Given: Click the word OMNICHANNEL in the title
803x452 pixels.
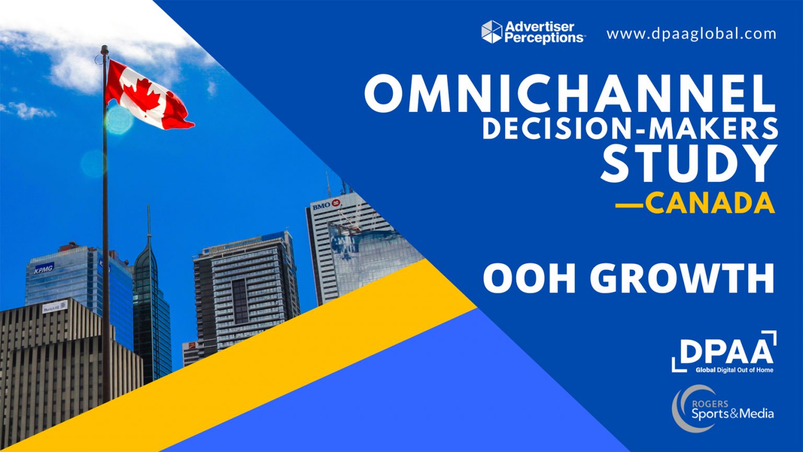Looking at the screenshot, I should click(x=570, y=93).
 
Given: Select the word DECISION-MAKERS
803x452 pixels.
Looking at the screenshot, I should click(x=629, y=129).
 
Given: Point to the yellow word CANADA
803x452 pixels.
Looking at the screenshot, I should click(x=709, y=203).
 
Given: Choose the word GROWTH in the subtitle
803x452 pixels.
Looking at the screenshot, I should click(x=685, y=278).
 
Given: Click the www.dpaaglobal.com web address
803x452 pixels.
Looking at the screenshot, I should click(x=691, y=34).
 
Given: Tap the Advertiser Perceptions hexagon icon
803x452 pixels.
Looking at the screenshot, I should click(x=491, y=31).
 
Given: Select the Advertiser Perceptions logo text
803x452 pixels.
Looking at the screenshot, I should click(x=544, y=32).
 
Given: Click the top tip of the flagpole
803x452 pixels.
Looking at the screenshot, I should click(x=105, y=48).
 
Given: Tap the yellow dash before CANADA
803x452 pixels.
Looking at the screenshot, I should click(x=629, y=205).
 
